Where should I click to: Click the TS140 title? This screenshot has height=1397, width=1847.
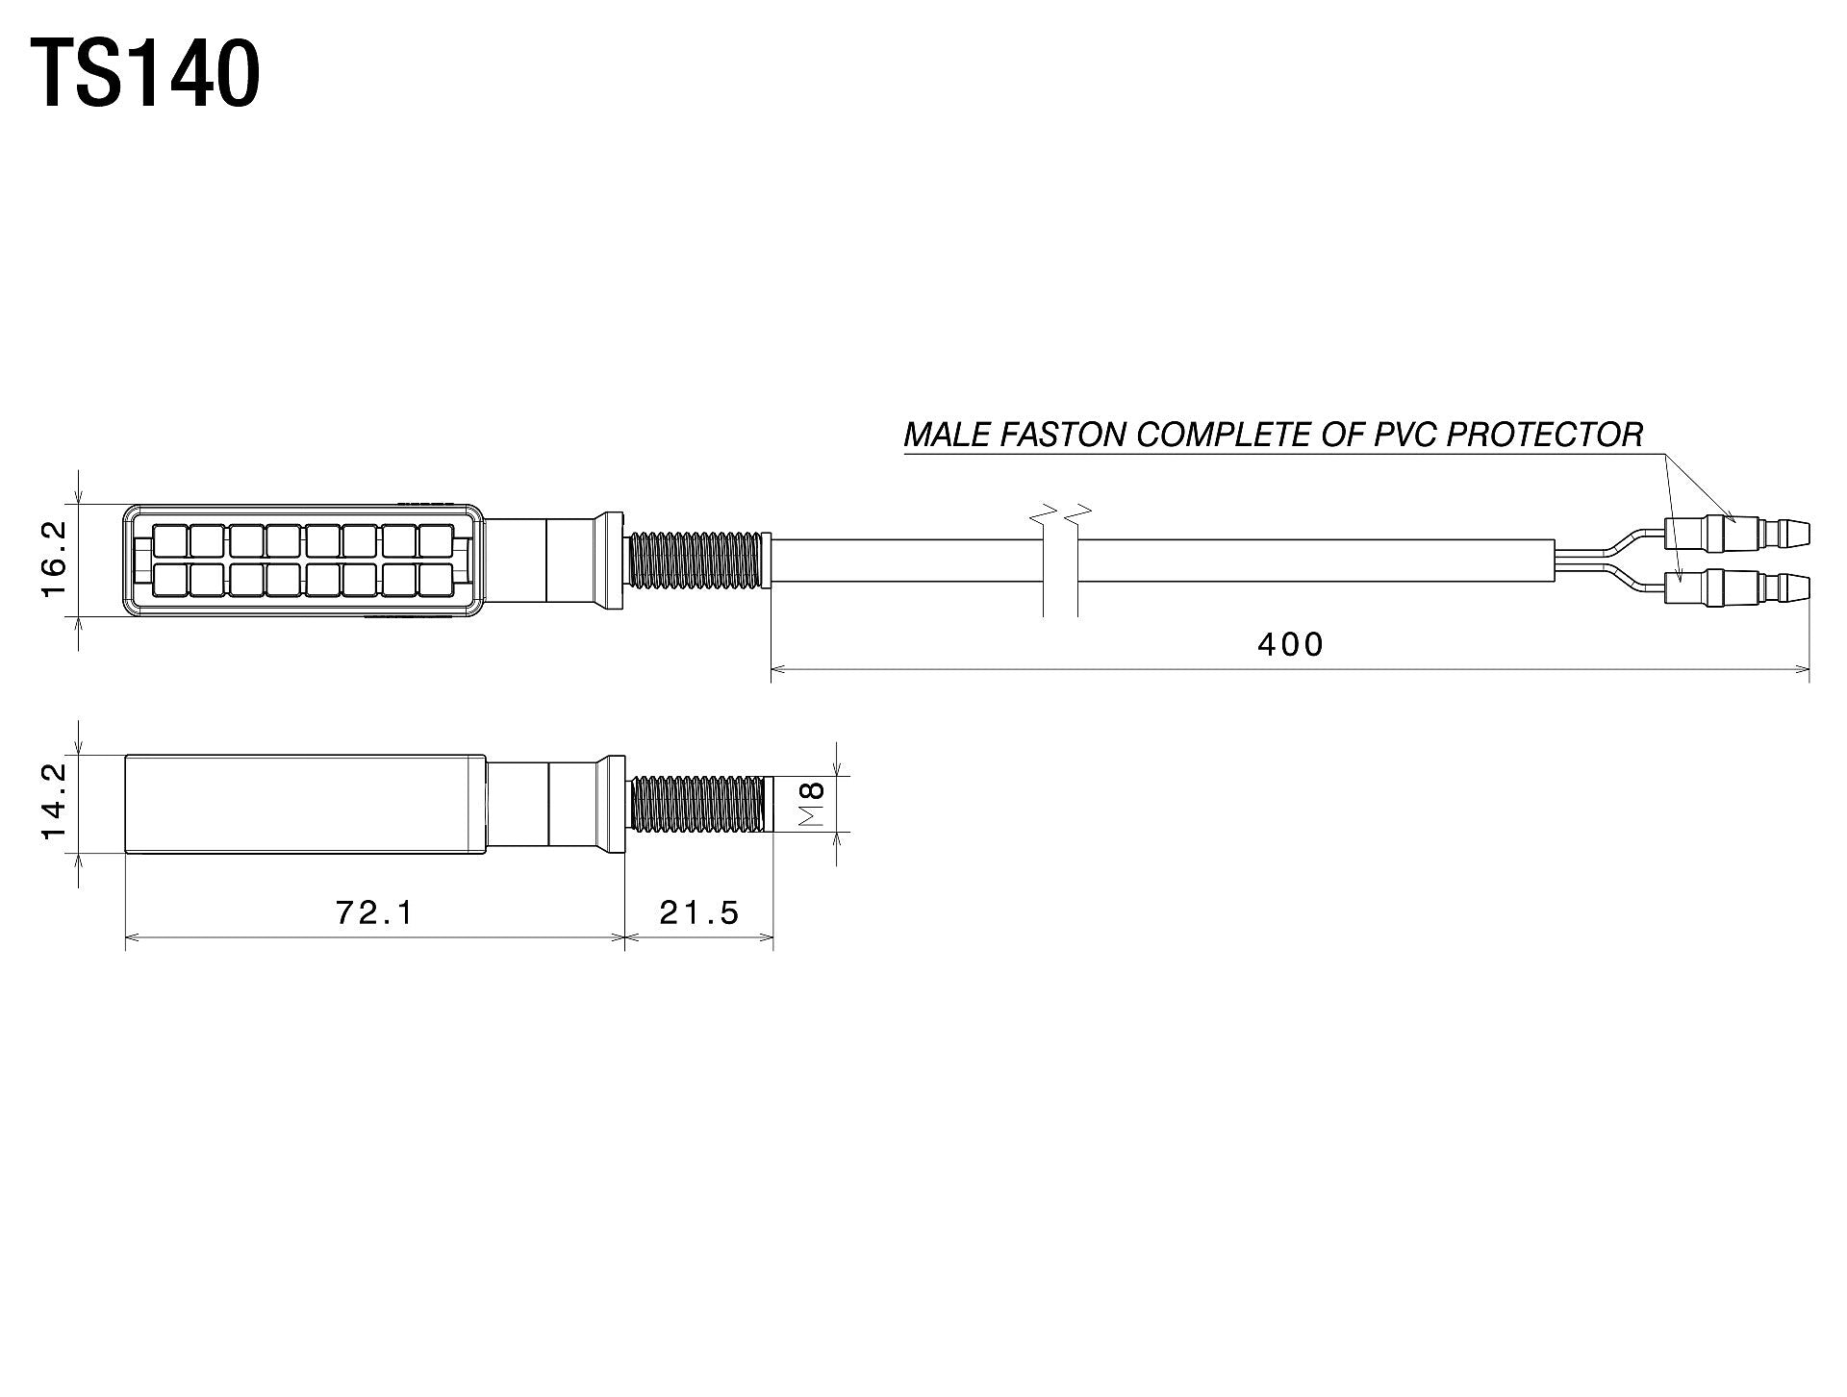[x=145, y=74]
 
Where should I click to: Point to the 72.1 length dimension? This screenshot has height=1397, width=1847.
[x=374, y=912]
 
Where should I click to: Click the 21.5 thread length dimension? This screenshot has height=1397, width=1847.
[x=699, y=912]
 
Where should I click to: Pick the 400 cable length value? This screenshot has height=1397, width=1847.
[x=1291, y=644]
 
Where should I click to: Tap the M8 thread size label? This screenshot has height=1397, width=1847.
[x=813, y=804]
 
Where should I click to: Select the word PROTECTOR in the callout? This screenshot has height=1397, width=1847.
[x=1545, y=436]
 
